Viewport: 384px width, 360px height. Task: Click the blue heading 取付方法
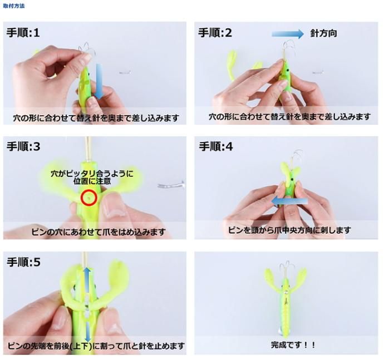tap(14, 6)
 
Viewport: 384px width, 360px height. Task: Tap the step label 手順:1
tap(23, 33)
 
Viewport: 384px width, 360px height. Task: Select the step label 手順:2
tap(215, 33)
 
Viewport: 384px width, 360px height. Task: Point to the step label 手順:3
tap(23, 146)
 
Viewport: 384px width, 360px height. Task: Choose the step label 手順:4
tap(216, 146)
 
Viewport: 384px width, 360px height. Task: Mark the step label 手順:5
tap(23, 262)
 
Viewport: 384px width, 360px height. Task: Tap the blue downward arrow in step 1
tap(99, 81)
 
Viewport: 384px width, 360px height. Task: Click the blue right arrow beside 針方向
tap(288, 34)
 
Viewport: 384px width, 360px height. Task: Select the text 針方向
tap(323, 33)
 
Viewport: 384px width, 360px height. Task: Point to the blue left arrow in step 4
tap(289, 201)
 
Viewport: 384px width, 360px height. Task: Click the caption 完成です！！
tap(293, 345)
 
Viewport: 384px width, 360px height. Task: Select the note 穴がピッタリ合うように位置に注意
tap(92, 177)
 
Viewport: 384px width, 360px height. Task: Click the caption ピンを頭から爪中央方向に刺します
tap(289, 230)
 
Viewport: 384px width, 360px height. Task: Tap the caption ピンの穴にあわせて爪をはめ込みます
tap(99, 231)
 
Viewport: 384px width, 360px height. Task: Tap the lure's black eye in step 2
tap(288, 71)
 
